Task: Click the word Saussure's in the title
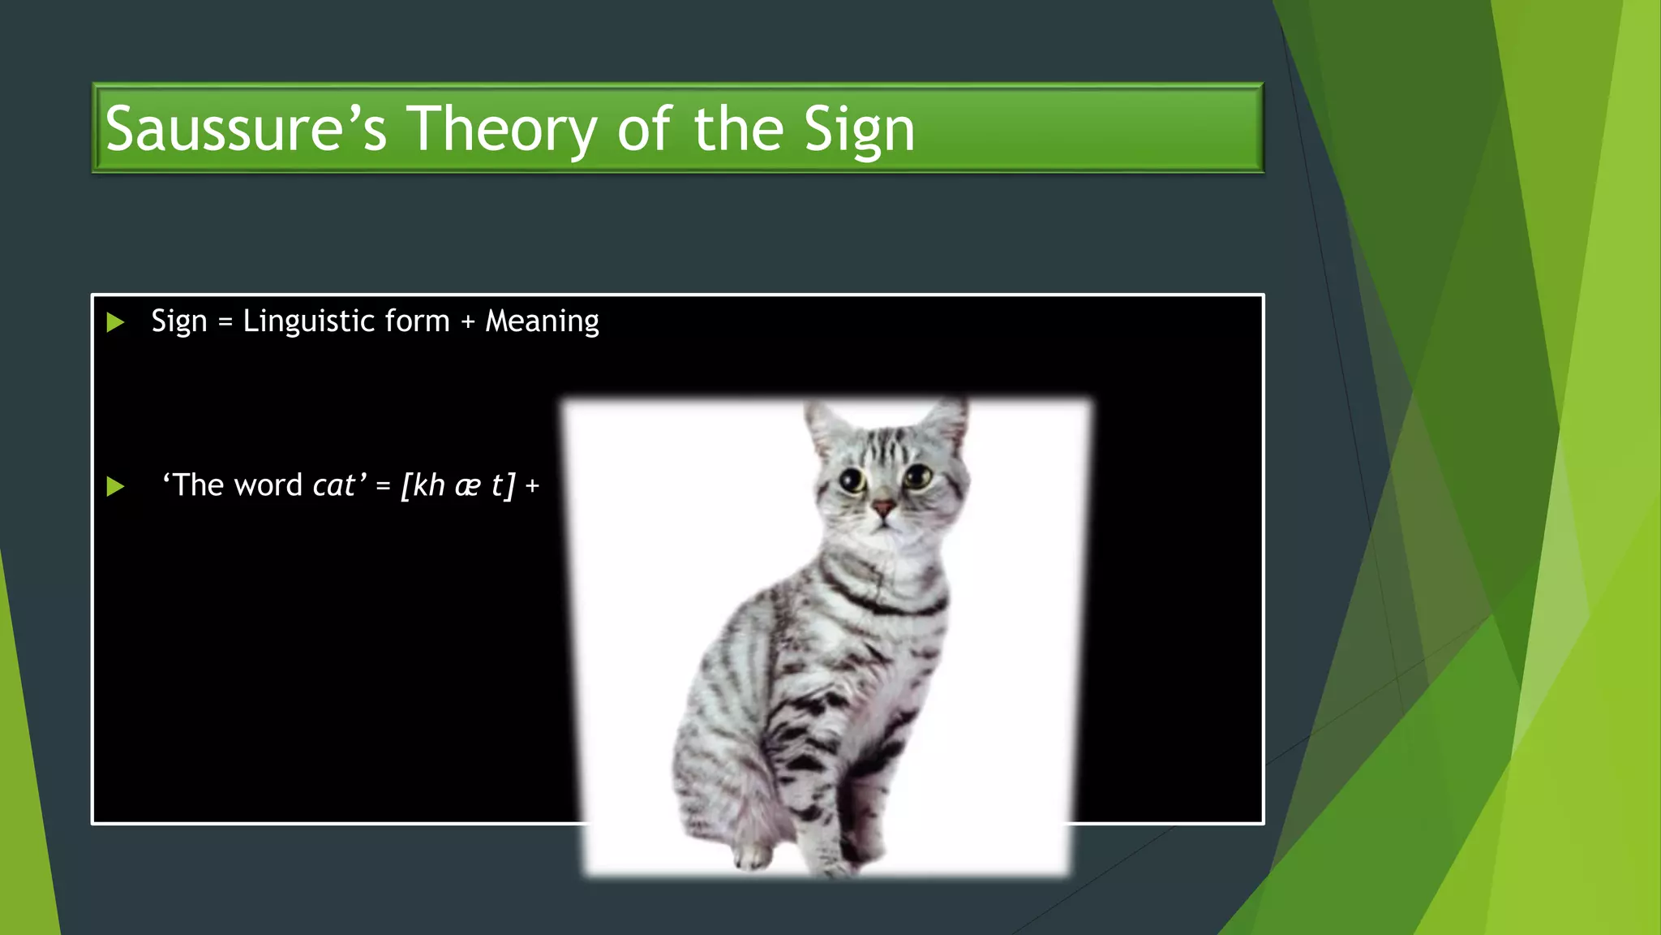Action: click(x=246, y=129)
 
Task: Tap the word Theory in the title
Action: click(x=501, y=129)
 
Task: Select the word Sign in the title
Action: click(x=859, y=130)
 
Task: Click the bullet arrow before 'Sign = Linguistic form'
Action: click(x=115, y=322)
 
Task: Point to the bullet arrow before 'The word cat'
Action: click(x=115, y=486)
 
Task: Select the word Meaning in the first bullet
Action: click(x=542, y=321)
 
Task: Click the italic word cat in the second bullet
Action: click(x=333, y=485)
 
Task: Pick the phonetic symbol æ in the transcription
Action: click(x=467, y=486)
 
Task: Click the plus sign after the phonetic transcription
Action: click(x=532, y=486)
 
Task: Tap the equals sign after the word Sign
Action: click(x=225, y=322)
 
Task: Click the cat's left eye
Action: click(x=852, y=480)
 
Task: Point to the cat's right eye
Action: click(x=918, y=477)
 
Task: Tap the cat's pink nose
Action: click(x=882, y=509)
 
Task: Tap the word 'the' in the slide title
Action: click(x=737, y=129)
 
